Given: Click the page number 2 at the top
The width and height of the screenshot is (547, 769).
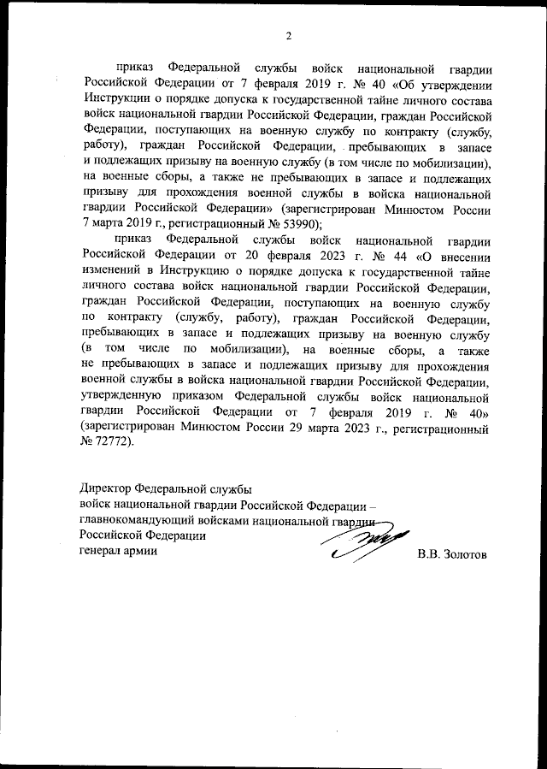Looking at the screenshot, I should coord(288,36).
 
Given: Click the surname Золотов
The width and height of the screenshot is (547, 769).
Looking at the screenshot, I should coord(464,554).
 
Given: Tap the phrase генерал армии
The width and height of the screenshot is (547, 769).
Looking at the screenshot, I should coord(118,551).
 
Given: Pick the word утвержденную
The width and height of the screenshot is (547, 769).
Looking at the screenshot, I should coord(123,397).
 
